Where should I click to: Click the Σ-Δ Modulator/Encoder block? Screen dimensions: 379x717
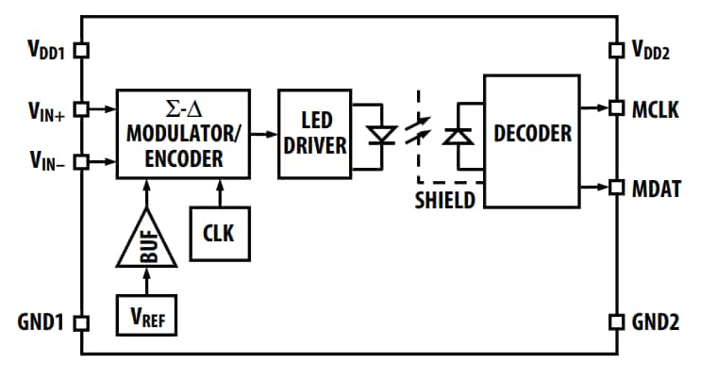183,134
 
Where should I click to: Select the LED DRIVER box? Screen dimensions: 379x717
314,134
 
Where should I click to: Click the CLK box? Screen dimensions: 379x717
221,233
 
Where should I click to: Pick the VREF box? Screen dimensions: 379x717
146,315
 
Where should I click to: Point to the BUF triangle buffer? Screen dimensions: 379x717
146,240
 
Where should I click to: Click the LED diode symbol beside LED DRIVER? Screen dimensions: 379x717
381,135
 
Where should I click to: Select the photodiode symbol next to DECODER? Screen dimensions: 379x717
459,135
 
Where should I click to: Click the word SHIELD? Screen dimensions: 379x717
445,201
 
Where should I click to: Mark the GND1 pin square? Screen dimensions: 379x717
80,322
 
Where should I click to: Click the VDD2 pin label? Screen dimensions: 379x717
652,50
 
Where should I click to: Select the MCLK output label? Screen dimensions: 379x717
656,109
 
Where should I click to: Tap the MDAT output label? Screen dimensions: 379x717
656,189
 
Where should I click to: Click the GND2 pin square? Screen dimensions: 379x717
616,322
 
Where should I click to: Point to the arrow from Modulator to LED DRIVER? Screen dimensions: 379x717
264,135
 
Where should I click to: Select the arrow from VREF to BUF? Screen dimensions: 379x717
146,282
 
